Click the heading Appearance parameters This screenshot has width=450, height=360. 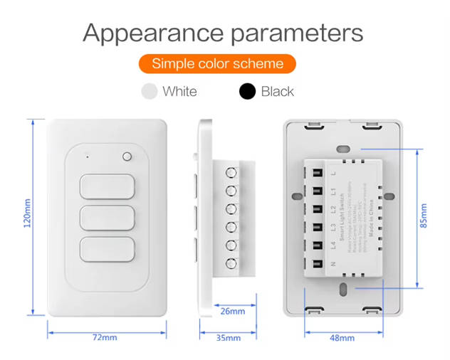point(223,32)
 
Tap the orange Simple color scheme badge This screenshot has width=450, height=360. point(217,64)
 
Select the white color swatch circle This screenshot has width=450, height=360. point(150,91)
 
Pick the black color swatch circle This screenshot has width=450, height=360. point(248,91)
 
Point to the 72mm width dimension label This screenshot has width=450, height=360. point(105,337)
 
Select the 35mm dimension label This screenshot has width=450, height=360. point(228,337)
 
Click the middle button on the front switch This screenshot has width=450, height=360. point(107,218)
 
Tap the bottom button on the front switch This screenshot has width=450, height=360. point(107,250)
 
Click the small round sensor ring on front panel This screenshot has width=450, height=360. point(127,157)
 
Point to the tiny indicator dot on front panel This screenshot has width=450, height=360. point(87,156)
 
